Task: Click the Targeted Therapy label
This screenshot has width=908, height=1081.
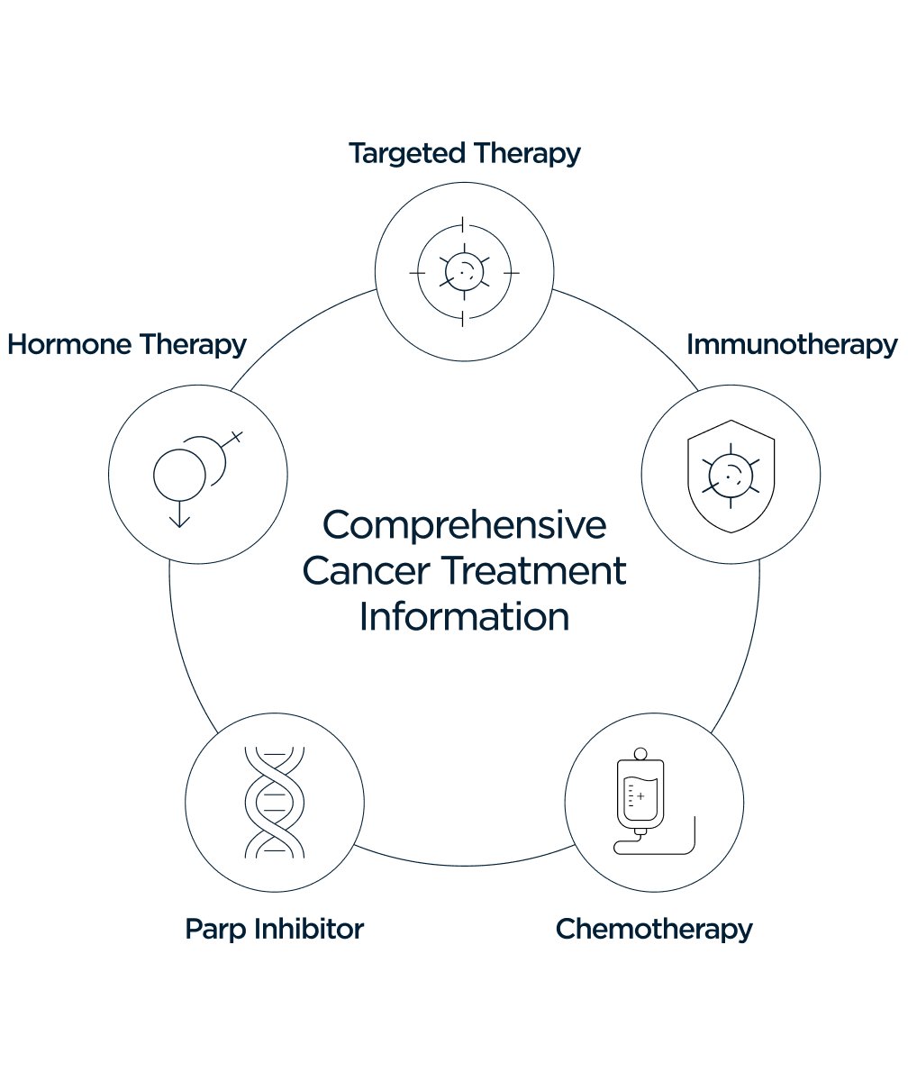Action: coord(464,153)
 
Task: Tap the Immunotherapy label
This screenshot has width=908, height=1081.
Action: coord(792,345)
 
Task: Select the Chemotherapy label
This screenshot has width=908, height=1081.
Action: coord(654,929)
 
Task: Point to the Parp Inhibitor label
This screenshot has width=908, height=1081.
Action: coord(274,929)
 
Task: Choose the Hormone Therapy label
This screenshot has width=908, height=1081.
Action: coord(127,345)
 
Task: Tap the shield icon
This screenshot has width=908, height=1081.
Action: coord(731,476)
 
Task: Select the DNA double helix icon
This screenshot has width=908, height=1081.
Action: coord(275,801)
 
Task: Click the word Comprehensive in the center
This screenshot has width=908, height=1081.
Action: coord(464,526)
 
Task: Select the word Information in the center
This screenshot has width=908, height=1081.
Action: coord(464,618)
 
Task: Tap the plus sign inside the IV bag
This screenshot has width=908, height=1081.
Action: coord(640,796)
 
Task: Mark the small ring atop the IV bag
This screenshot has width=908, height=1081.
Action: coord(640,752)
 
